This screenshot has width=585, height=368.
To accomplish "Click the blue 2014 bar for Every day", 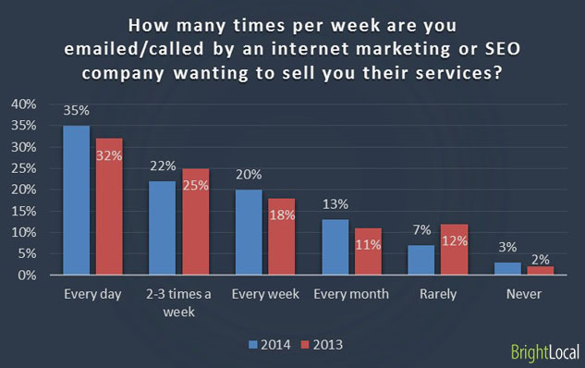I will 76,200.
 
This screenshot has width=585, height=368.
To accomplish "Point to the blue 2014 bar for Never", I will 506,268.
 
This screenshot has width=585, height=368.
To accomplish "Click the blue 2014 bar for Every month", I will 334,247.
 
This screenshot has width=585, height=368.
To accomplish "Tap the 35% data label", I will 76,110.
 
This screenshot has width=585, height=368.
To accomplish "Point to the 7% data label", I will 420,231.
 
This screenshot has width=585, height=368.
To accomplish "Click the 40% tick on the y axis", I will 24,104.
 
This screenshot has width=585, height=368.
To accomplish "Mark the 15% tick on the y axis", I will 24,211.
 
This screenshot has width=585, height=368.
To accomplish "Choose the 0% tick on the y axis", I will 28,275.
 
